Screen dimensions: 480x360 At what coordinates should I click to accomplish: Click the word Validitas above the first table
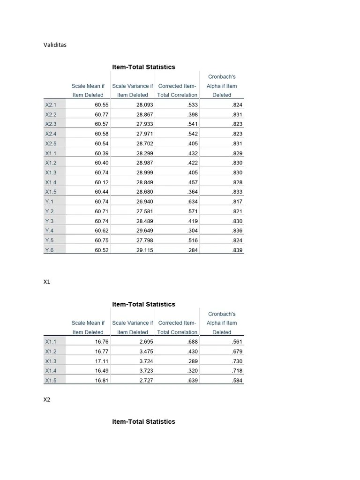(x=55, y=45)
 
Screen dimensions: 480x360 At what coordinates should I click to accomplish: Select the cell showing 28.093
(x=145, y=105)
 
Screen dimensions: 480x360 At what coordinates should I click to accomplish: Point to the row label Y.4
(x=50, y=231)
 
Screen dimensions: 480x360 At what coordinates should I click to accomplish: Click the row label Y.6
(x=50, y=250)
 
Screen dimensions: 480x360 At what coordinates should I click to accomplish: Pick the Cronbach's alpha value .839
(x=237, y=250)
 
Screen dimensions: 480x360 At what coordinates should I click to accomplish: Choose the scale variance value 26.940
(x=145, y=202)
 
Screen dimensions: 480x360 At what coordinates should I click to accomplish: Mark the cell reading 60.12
(x=101, y=182)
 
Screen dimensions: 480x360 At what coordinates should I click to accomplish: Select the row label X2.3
(x=51, y=124)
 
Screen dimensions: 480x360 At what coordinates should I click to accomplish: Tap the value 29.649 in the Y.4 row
(x=145, y=231)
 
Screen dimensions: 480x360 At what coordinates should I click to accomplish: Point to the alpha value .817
(x=237, y=202)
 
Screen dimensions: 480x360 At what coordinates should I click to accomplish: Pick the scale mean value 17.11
(x=101, y=361)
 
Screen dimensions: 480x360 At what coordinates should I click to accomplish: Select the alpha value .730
(x=237, y=361)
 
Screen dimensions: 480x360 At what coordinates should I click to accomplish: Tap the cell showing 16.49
(x=101, y=371)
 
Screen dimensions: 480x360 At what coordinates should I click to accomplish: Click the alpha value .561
(x=237, y=342)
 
